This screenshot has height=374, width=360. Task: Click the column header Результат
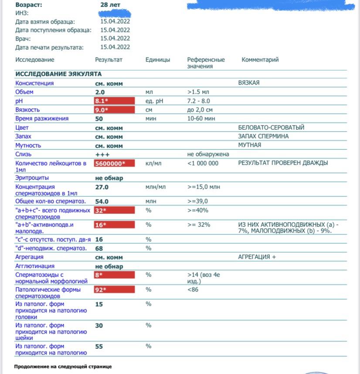point(109,60)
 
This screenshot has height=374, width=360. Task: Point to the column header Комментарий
point(260,60)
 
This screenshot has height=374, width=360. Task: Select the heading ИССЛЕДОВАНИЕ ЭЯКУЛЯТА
point(58,74)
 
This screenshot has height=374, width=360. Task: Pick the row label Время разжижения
point(42,118)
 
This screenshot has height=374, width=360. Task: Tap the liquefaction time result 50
point(99,119)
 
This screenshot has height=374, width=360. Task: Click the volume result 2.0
point(100,92)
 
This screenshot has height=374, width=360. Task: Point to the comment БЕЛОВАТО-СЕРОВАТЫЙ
point(271,128)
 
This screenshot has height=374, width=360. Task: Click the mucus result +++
point(102,155)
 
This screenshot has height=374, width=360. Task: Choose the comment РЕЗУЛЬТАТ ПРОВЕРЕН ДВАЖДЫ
point(283,163)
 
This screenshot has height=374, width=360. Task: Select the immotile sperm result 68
point(99,248)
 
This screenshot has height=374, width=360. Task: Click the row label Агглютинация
point(35,266)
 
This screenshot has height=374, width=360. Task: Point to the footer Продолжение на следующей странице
point(63,367)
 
